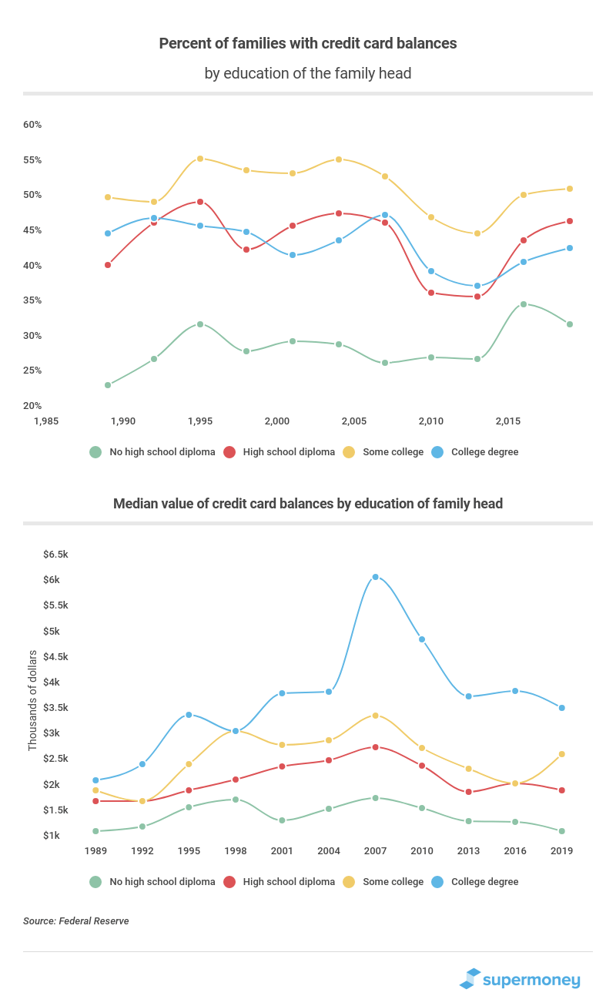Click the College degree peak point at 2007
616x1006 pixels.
(x=375, y=577)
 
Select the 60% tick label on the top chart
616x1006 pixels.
(x=32, y=125)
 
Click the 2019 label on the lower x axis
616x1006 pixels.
(x=561, y=851)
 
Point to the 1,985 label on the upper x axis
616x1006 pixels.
(x=46, y=421)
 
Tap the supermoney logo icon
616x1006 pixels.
(x=470, y=979)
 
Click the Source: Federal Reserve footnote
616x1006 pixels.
(x=75, y=921)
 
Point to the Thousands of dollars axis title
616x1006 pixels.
(x=32, y=700)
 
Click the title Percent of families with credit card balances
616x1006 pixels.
(x=308, y=44)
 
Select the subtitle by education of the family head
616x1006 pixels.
(x=308, y=74)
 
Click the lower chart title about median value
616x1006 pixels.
(x=308, y=504)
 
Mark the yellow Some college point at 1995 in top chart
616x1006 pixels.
(x=200, y=159)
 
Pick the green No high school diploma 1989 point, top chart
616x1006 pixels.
(x=108, y=385)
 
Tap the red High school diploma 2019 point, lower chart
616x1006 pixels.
(x=561, y=790)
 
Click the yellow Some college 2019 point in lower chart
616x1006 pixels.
(x=561, y=754)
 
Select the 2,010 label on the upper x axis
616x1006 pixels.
(x=431, y=421)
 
